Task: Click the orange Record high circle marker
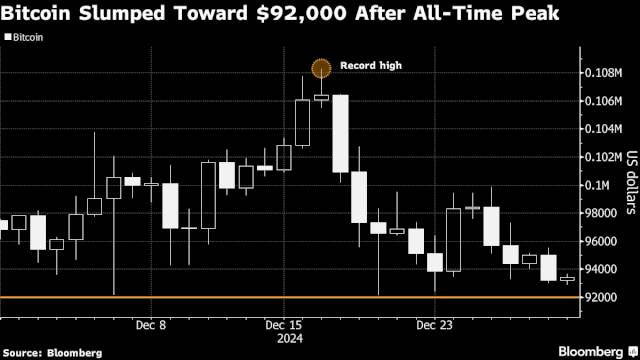coord(321,69)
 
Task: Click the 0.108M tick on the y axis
coord(602,73)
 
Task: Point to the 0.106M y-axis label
coord(602,101)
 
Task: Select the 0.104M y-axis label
coord(602,129)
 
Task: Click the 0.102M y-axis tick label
coord(602,157)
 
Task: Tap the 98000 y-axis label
coord(598,213)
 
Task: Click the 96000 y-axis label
coord(598,241)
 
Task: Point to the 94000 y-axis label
coord(598,269)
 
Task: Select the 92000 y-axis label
coord(598,297)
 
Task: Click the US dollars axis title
coord(631,184)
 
